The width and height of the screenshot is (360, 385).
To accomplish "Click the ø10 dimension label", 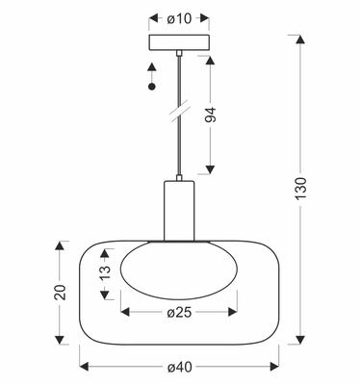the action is tap(179, 19).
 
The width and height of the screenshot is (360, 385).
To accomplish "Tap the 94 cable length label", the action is tap(211, 115).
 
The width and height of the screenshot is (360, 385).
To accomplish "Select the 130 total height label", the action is tap(300, 188).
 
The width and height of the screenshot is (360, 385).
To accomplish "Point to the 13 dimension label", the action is tap(105, 271).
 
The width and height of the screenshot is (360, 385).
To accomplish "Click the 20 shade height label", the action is tap(60, 293).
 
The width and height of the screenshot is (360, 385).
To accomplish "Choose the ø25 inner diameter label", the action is tap(179, 312).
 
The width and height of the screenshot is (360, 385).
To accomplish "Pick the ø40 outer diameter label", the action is tap(179, 367).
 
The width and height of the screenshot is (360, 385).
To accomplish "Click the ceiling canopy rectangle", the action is tap(179, 42).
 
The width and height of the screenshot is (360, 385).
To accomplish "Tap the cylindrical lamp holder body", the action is tap(179, 211).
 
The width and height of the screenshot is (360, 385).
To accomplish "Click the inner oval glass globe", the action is tap(179, 270).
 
